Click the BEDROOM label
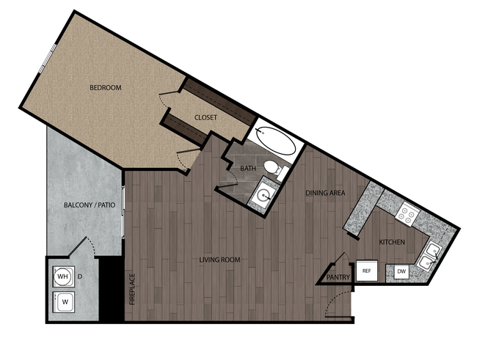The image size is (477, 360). [105, 88]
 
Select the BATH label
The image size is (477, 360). [248, 169]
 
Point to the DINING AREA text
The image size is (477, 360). [326, 194]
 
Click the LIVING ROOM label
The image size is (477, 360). [220, 260]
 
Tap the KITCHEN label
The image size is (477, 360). [392, 242]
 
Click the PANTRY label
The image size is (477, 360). [338, 277]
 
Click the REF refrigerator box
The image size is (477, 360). [367, 271]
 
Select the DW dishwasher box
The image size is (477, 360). [401, 272]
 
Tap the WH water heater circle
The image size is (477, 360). [63, 276]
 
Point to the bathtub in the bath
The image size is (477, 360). [274, 142]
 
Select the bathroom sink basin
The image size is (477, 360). [263, 196]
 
